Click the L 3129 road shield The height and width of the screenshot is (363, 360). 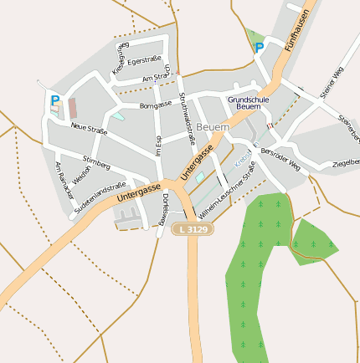(x=192, y=228)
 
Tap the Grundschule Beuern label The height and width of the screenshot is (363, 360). (x=249, y=104)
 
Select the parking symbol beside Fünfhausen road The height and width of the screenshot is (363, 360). (x=259, y=48)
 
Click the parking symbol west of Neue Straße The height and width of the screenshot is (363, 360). (x=55, y=100)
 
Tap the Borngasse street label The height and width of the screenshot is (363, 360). (x=156, y=106)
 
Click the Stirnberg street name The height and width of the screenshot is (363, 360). (x=97, y=161)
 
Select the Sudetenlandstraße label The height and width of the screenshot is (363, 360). (x=100, y=196)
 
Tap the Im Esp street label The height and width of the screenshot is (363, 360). (x=158, y=144)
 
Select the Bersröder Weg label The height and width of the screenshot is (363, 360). (x=280, y=159)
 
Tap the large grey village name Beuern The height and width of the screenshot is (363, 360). (x=213, y=126)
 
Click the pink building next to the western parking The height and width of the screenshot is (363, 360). (x=72, y=108)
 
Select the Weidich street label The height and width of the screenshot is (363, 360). (x=81, y=176)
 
